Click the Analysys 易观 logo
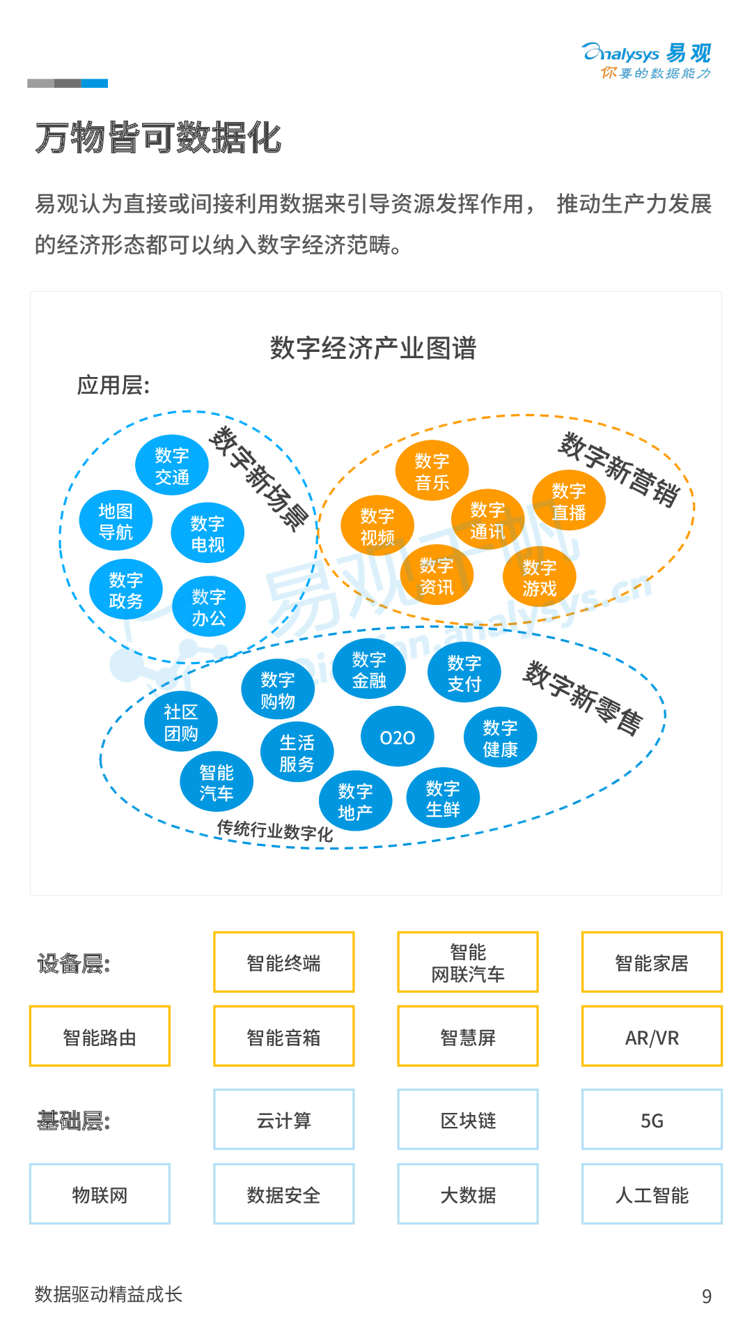coord(647,61)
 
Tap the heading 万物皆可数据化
coord(158,137)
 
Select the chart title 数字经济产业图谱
coord(373,348)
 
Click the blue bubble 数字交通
coord(172,466)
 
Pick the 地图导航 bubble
coord(116,521)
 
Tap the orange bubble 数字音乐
coord(432,471)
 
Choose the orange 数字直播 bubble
coord(569,501)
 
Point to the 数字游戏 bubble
coord(540,578)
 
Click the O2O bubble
coord(398,737)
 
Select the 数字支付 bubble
coord(464,673)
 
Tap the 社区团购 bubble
coord(181,722)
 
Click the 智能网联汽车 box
coord(468,962)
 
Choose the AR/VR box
coord(652,1037)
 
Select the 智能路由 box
coord(100,1037)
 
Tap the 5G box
coord(652,1120)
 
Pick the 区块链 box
coord(468,1120)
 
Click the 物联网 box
coord(100,1194)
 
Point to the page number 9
coord(707,1296)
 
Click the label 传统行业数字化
coord(275,830)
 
